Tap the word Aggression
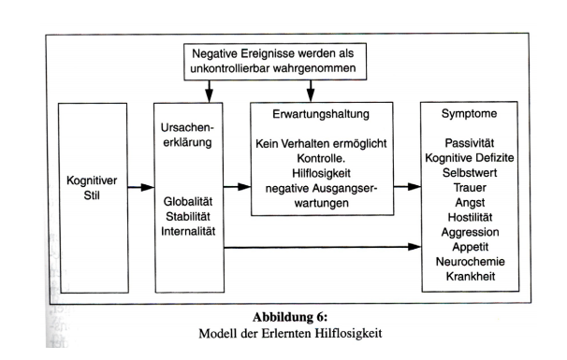467,231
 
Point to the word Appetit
467,248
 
